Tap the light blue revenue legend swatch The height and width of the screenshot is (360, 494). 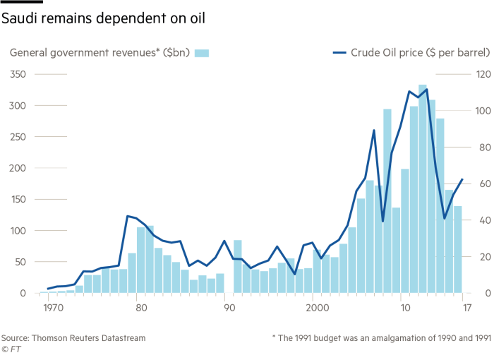tap(202, 53)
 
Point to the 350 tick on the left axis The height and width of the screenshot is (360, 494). tap(17, 74)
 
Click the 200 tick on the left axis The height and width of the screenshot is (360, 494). tap(17, 168)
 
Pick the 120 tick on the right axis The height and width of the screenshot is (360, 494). tap(483, 74)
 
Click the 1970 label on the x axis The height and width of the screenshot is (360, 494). tap(50, 308)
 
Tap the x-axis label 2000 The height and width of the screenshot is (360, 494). tap(318, 308)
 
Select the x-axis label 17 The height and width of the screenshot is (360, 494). tap(466, 308)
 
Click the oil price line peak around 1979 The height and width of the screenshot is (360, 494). tap(128, 216)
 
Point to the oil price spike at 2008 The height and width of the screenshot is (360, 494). tap(374, 130)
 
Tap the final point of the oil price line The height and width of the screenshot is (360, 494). tap(462, 179)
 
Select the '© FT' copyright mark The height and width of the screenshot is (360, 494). tap(10, 349)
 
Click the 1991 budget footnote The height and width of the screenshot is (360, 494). tap(381, 338)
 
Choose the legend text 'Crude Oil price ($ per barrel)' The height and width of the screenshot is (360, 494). tap(413, 53)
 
